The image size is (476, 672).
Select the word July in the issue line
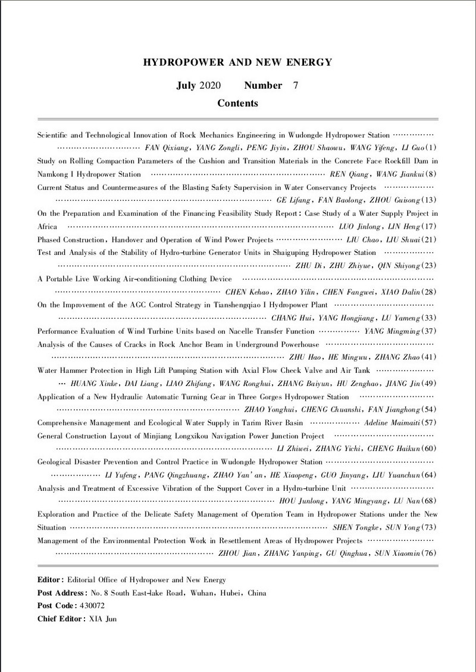(x=188, y=85)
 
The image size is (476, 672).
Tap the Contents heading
(x=237, y=103)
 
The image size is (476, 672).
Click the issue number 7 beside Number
(x=296, y=85)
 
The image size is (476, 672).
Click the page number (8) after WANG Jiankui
(x=431, y=175)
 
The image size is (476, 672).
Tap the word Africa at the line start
(x=48, y=226)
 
